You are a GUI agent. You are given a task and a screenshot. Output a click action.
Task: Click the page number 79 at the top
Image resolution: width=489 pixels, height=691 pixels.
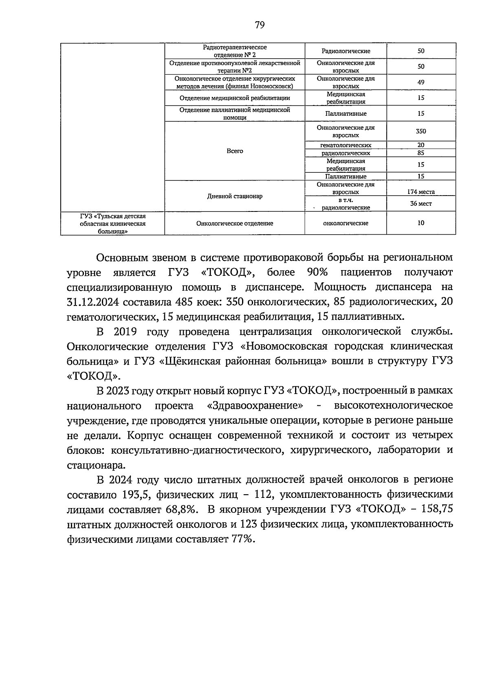click(260, 25)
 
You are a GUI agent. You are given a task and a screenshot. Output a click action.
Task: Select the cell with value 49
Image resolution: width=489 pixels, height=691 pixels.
click(421, 82)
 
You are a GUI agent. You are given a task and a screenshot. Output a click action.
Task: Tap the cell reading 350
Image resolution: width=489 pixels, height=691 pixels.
click(421, 131)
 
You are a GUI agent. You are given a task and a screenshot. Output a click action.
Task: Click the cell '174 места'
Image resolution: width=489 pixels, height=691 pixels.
click(421, 192)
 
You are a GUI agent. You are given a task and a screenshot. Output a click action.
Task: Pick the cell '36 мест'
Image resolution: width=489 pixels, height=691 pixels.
click(421, 203)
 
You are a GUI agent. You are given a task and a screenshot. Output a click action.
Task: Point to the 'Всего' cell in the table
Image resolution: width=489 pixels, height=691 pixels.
click(235, 151)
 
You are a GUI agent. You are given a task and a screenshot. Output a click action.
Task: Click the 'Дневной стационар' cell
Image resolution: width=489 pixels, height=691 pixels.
click(235, 196)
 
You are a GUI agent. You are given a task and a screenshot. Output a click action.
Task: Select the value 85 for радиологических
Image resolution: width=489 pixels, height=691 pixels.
click(421, 153)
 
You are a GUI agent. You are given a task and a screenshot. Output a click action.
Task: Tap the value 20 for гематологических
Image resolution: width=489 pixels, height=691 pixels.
click(421, 145)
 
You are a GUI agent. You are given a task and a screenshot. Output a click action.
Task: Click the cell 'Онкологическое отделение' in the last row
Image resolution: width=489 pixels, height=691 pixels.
click(235, 223)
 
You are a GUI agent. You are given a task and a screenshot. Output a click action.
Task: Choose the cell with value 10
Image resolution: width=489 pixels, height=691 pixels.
click(421, 223)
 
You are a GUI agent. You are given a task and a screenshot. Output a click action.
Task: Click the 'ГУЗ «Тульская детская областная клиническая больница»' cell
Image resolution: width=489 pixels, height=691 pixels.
click(112, 223)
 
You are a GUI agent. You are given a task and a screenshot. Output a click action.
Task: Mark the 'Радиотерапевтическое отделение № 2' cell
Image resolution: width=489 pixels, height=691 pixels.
click(235, 51)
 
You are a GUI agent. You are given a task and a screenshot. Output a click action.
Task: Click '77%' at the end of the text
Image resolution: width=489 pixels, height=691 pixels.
click(242, 539)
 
